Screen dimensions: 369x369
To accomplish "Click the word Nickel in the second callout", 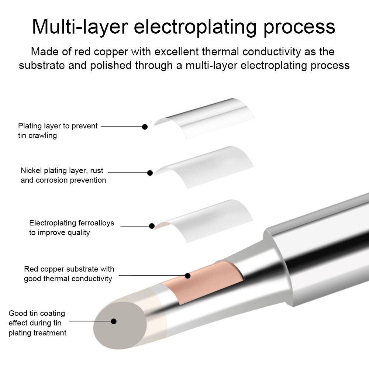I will pyautogui.click(x=31, y=170).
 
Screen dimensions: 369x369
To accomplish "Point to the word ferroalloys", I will pyautogui.click(x=96, y=223).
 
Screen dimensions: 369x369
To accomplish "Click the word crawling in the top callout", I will pyautogui.click(x=43, y=135).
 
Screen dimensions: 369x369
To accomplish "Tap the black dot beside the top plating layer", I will pyautogui.click(x=145, y=127).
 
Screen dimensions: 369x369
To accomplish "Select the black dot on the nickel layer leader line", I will pyautogui.click(x=150, y=173).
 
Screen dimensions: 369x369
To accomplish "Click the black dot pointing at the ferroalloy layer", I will pyautogui.click(x=152, y=226).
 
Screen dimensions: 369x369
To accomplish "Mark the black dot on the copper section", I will pyautogui.click(x=187, y=275).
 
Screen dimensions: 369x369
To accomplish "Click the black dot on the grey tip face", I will pyautogui.click(x=114, y=321).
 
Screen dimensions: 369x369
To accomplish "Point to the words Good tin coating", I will pyautogui.click(x=37, y=313).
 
